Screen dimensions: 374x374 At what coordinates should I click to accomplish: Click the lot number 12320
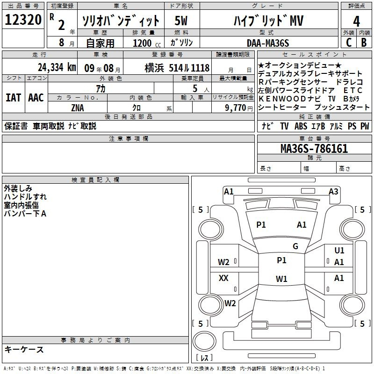tap(23, 20)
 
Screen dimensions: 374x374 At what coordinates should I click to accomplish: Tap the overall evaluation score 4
tap(357, 22)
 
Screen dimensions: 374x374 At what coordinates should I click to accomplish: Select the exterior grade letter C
tap(348, 42)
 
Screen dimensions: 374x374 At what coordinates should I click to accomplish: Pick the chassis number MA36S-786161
tap(314, 149)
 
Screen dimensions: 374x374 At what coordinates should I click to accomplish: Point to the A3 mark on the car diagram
tap(333, 191)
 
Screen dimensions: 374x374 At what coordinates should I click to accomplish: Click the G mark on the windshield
tap(295, 246)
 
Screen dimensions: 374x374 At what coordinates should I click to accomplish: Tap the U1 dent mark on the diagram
tap(339, 251)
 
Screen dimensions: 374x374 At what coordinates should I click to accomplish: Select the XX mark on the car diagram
tap(223, 278)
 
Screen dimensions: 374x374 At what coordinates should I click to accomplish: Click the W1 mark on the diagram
tap(281, 279)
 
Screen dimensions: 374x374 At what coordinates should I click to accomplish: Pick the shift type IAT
tap(13, 97)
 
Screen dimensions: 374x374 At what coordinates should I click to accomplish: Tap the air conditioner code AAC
tap(36, 97)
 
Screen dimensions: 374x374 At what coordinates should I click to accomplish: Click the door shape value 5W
tap(181, 21)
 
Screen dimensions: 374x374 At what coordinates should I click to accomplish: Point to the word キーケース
tap(24, 349)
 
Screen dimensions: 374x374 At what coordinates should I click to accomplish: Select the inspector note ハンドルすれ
tap(25, 197)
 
